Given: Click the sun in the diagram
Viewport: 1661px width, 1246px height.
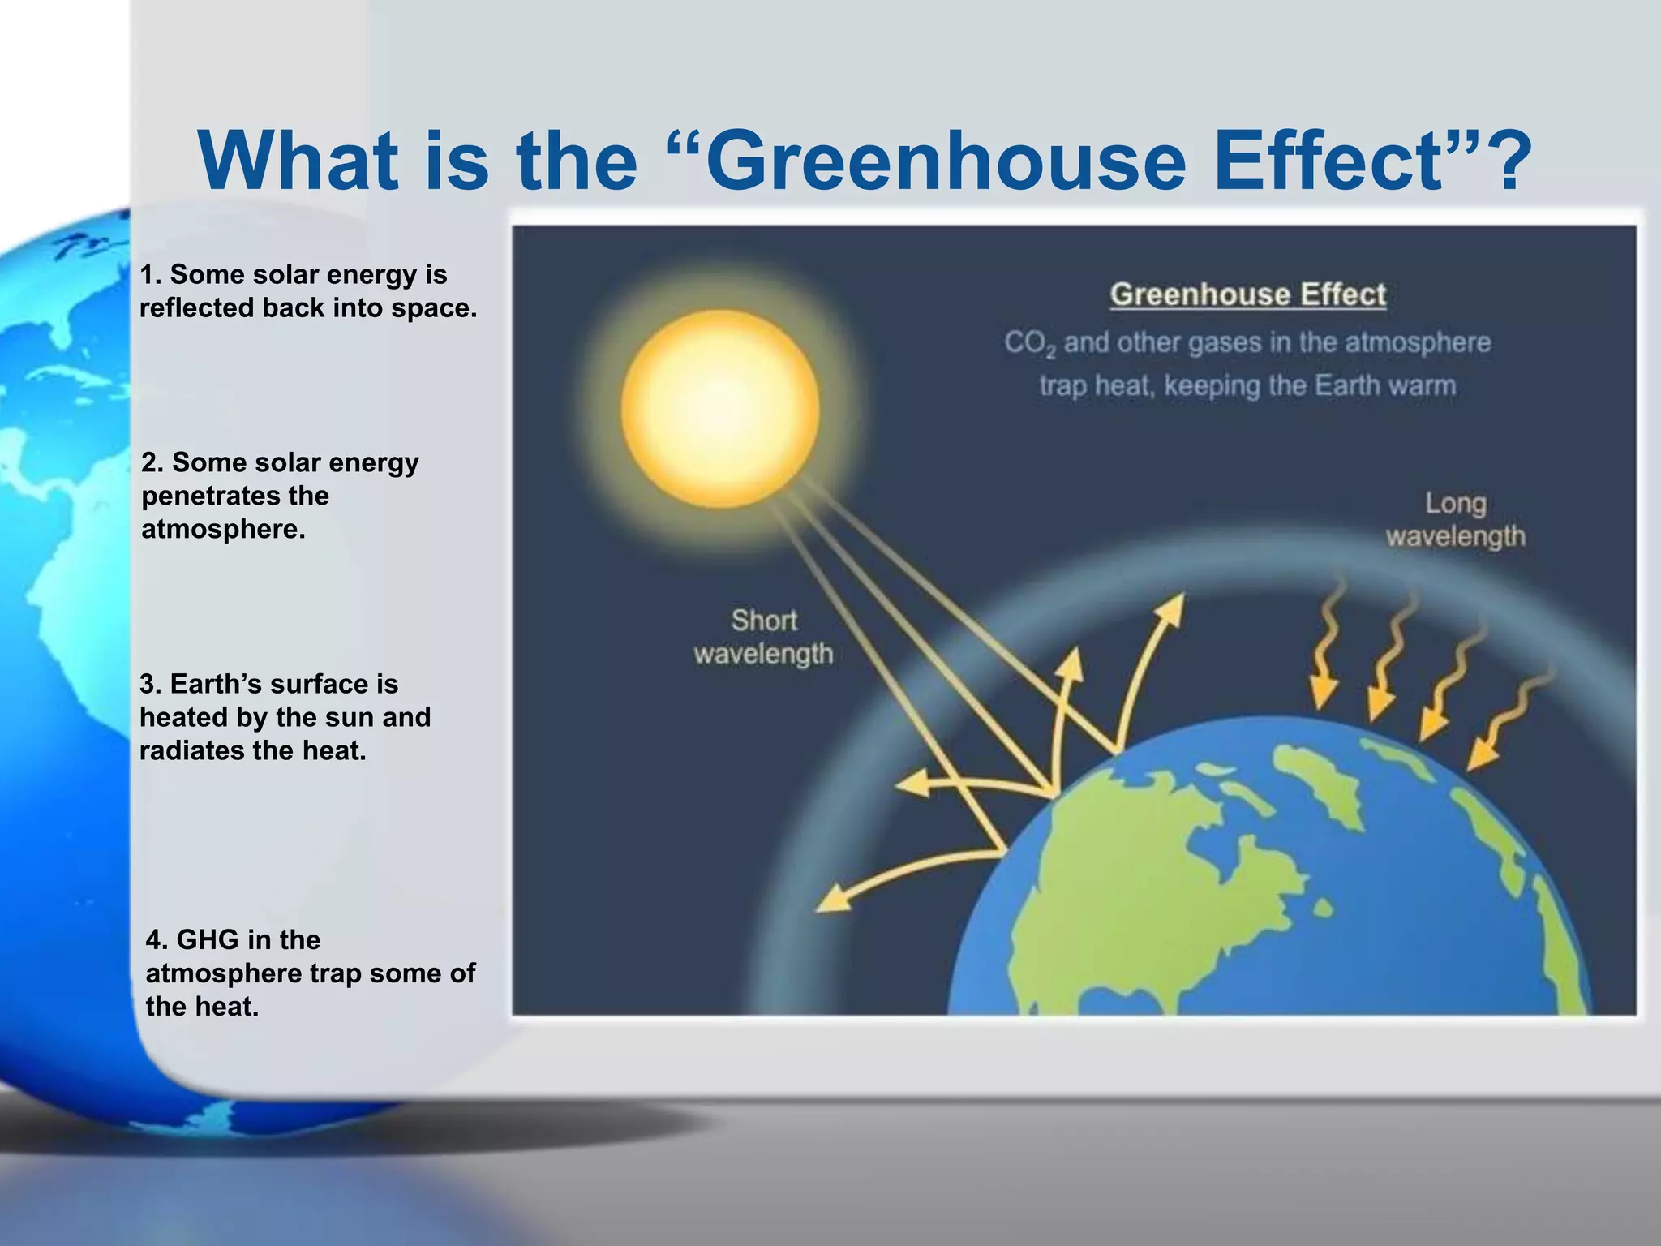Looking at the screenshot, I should coord(720,409).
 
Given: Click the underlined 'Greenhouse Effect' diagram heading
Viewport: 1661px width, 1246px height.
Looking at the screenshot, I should coord(1247,294).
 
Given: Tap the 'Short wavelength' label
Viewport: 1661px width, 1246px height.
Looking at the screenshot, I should coord(763,637).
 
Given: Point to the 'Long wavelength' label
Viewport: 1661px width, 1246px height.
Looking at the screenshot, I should coord(1455,520).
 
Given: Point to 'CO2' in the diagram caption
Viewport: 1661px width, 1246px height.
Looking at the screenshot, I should coord(1029,344).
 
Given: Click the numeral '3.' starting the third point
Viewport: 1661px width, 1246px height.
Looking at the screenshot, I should coord(151,684).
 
